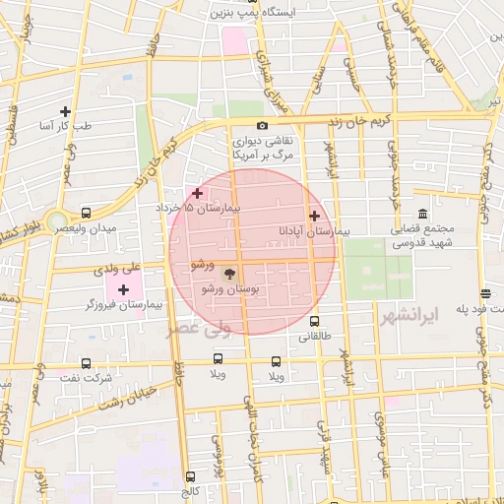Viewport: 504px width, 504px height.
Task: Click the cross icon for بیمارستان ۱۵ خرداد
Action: click(x=198, y=193)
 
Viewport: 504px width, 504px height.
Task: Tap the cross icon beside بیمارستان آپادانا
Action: click(x=314, y=216)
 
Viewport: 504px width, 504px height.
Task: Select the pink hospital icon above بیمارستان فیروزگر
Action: click(x=123, y=289)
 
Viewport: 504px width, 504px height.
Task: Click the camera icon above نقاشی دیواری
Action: click(x=262, y=125)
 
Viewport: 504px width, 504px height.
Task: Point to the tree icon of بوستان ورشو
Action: click(x=229, y=274)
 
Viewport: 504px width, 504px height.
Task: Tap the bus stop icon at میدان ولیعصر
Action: click(x=87, y=213)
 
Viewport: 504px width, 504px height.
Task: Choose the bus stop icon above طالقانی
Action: click(x=315, y=321)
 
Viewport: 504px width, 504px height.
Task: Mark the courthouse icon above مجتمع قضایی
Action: click(x=422, y=214)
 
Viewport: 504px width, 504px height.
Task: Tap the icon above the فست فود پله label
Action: click(x=485, y=293)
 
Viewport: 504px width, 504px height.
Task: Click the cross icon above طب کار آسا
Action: click(x=66, y=111)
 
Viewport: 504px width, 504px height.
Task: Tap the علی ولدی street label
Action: click(x=117, y=267)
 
